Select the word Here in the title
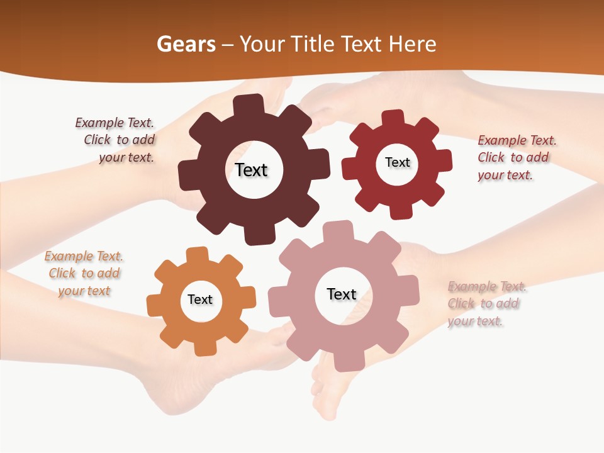click(x=412, y=44)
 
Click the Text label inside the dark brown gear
click(x=251, y=170)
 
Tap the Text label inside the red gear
click(x=397, y=162)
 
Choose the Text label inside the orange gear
click(x=200, y=299)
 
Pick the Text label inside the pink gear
click(x=342, y=294)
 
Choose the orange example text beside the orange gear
click(x=84, y=273)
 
